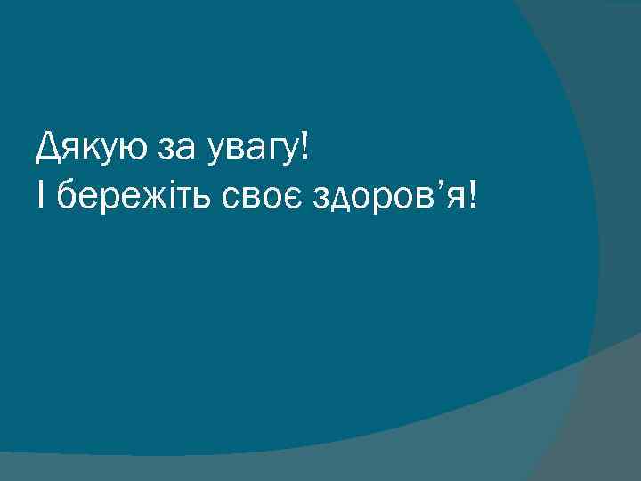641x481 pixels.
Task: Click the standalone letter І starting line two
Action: click(x=41, y=194)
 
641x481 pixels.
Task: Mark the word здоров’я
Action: click(x=384, y=197)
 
